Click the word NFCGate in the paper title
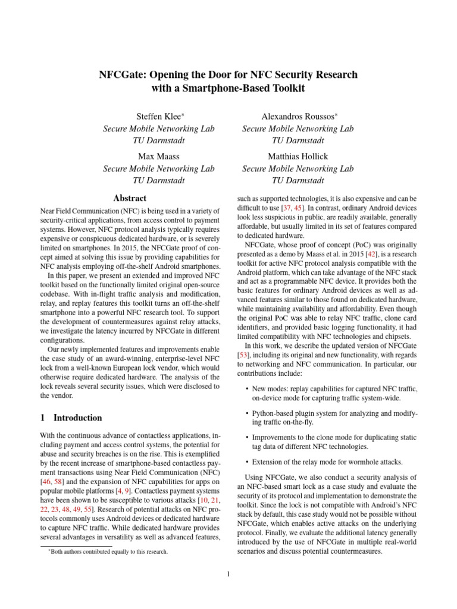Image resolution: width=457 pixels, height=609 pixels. (x=119, y=74)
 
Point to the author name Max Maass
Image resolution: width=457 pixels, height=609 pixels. (x=158, y=156)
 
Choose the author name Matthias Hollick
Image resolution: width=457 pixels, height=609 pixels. (x=298, y=156)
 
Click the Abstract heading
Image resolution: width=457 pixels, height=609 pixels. (x=130, y=198)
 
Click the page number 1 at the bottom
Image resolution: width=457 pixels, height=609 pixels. (x=228, y=574)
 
